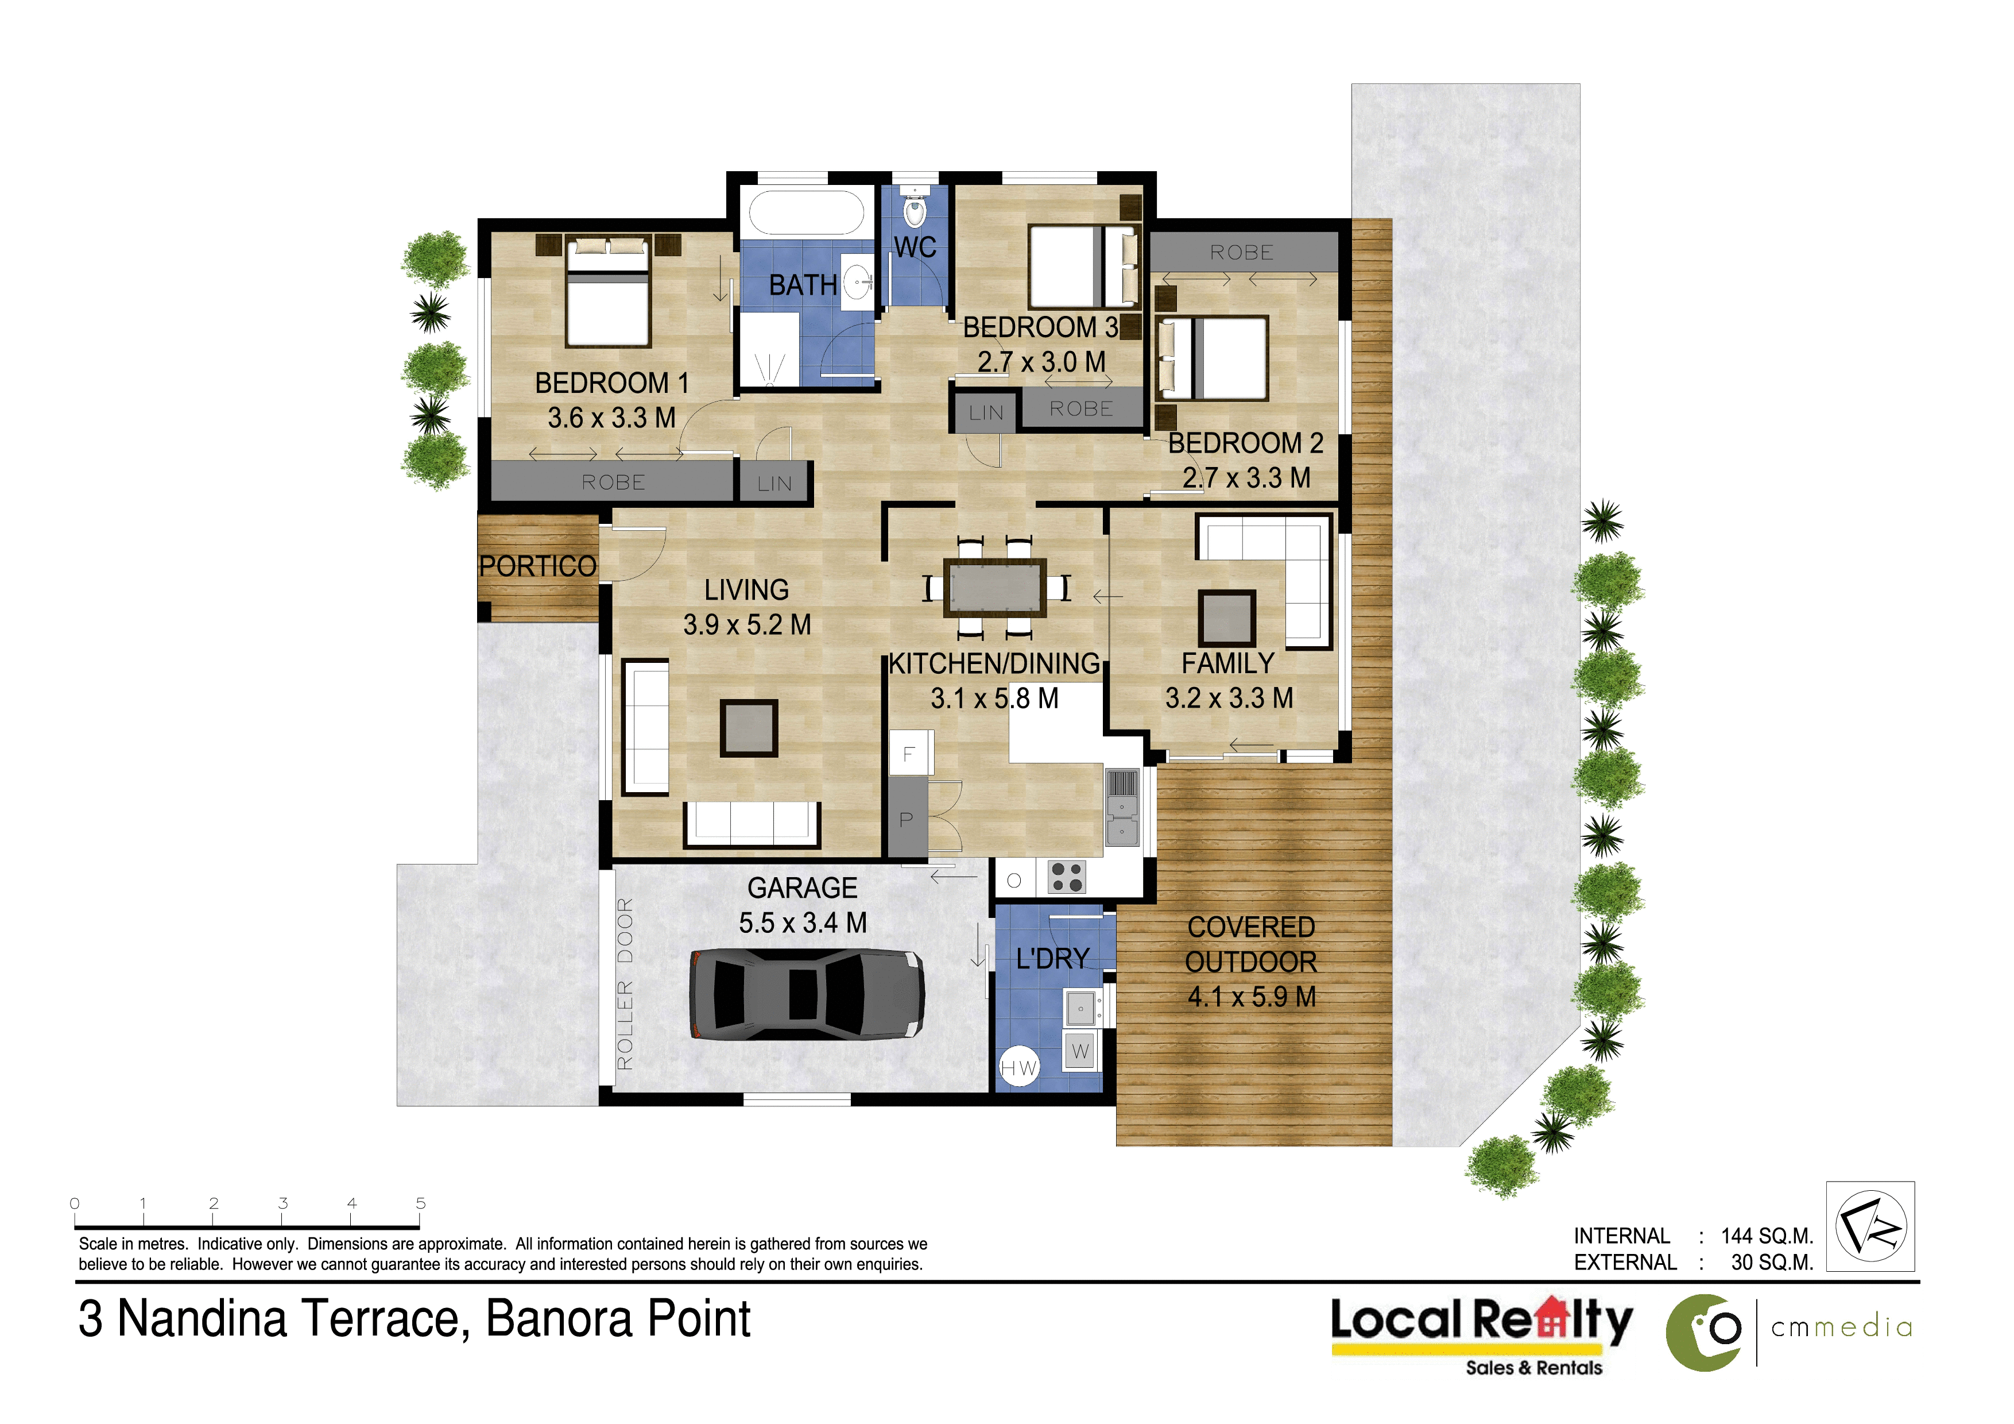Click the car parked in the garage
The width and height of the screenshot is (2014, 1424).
tap(807, 993)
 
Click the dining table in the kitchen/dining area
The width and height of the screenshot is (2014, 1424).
tap(995, 587)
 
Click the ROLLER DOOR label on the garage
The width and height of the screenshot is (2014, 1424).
tap(625, 985)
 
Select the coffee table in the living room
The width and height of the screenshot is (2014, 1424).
tap(749, 727)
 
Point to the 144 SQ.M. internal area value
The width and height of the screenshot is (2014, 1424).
tap(1767, 1236)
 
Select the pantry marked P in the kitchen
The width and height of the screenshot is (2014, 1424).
tap(907, 819)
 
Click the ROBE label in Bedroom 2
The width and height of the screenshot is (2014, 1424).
tap(1241, 253)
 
